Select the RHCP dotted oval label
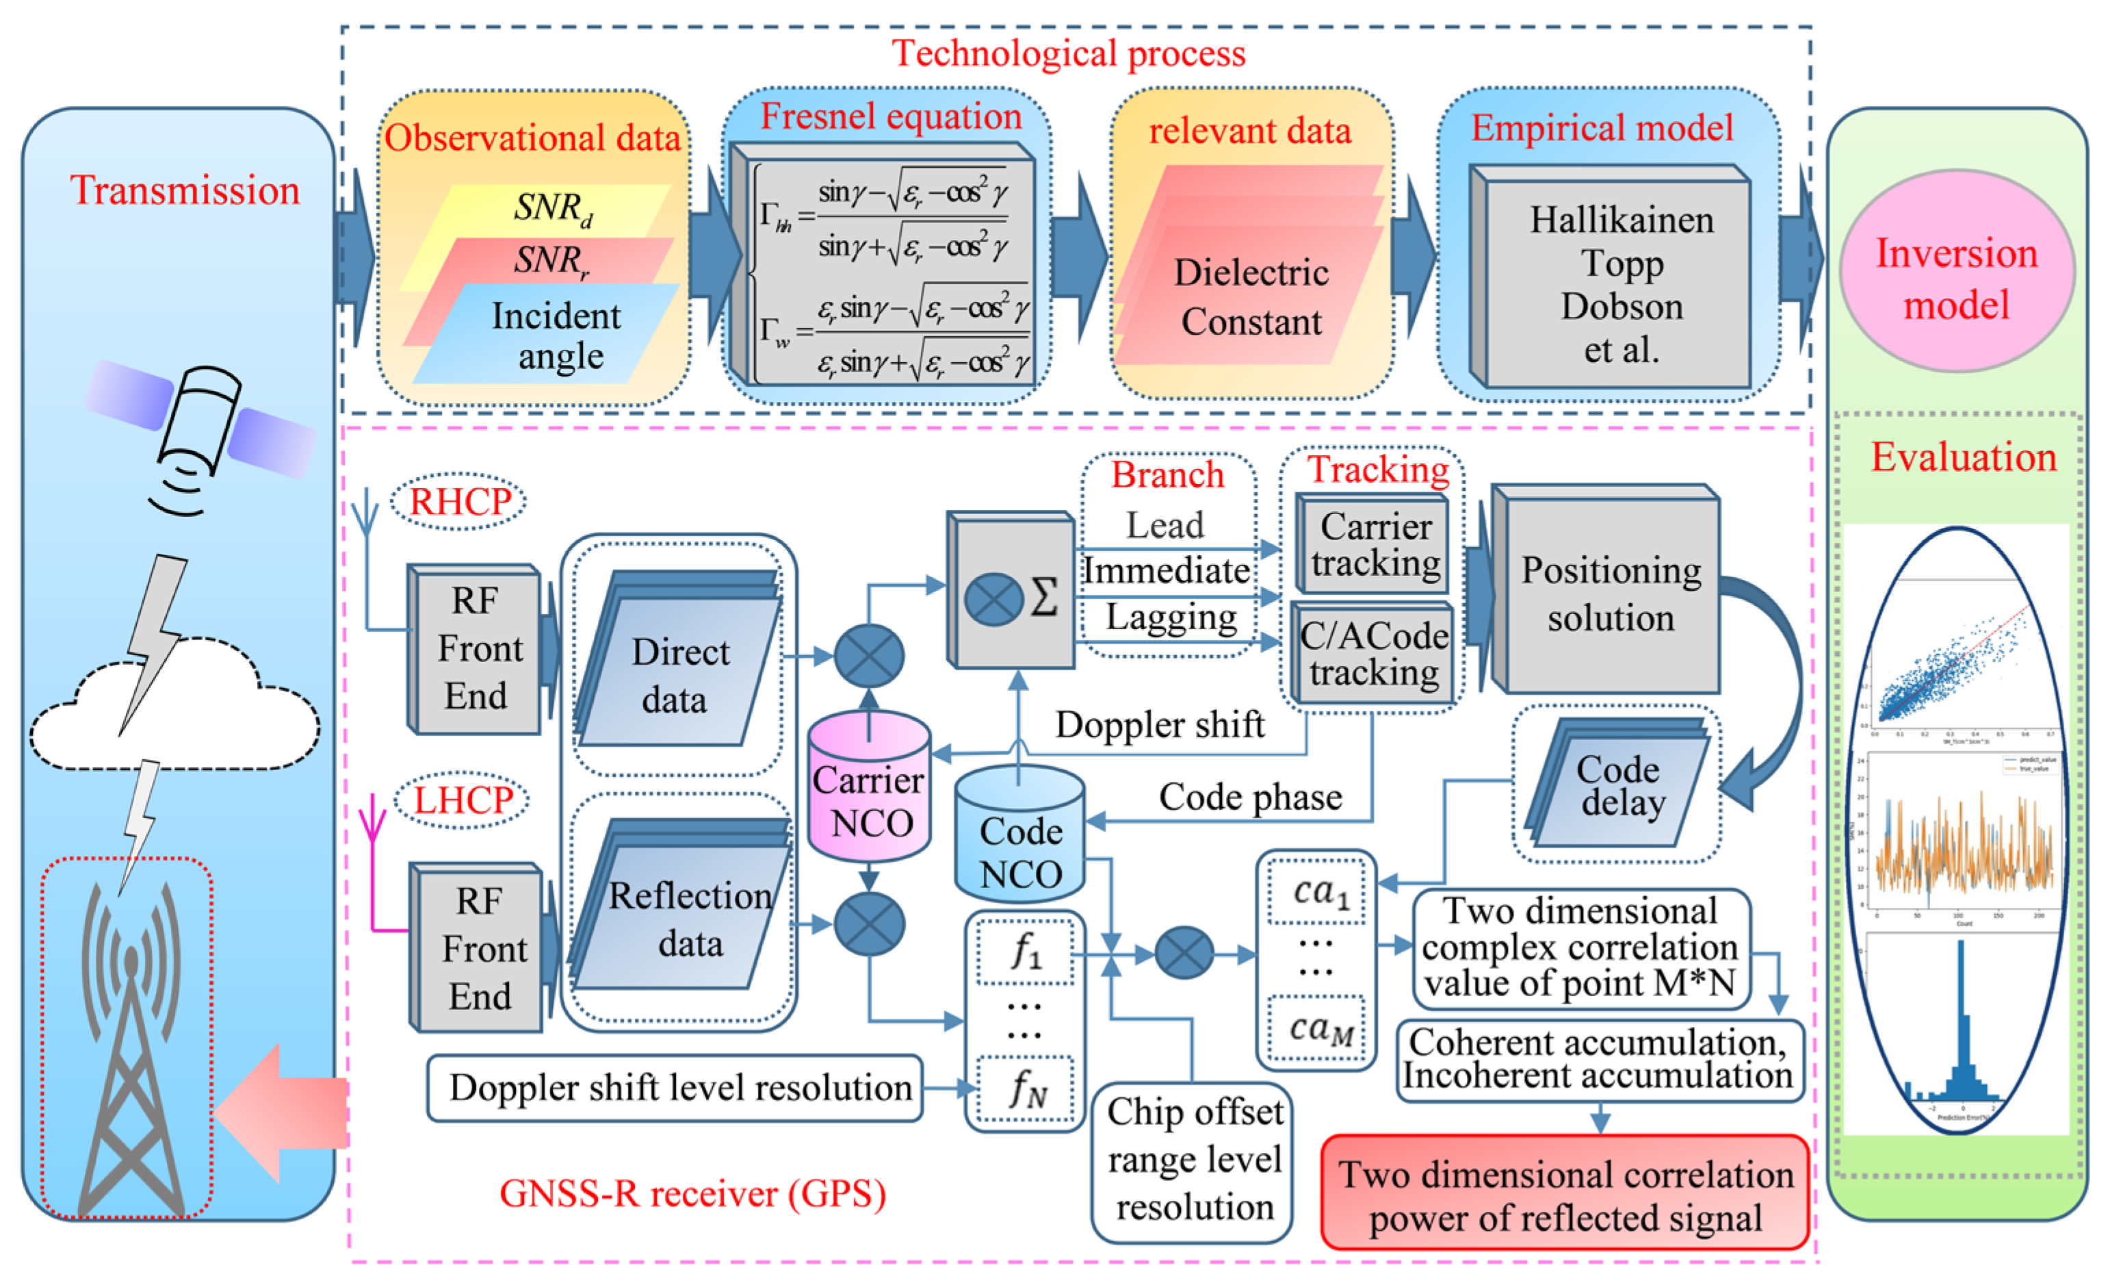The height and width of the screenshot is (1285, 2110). pyautogui.click(x=459, y=501)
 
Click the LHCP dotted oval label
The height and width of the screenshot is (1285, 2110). pyautogui.click(x=463, y=800)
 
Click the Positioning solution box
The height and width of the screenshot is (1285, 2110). pyautogui.click(x=1610, y=593)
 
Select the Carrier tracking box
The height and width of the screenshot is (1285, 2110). pyautogui.click(x=1375, y=545)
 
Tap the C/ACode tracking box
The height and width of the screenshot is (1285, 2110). pyautogui.click(x=1375, y=654)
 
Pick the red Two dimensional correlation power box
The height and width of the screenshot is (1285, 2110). pyautogui.click(x=1565, y=1194)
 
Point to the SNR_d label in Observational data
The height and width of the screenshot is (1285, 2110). pyautogui.click(x=552, y=208)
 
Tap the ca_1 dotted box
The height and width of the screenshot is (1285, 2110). pyautogui.click(x=1317, y=893)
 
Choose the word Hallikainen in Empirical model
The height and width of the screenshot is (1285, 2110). pyautogui.click(x=1621, y=221)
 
